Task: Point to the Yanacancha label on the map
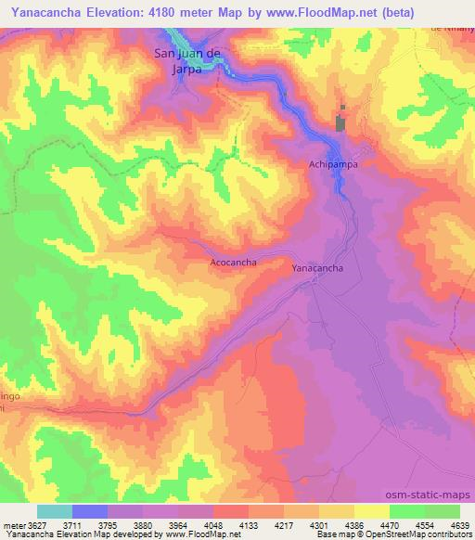(318, 268)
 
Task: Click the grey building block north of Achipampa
(340, 123)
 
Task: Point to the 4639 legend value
(456, 525)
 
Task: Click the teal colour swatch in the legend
(55, 511)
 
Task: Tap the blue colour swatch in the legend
(90, 511)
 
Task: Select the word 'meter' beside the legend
(10, 525)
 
